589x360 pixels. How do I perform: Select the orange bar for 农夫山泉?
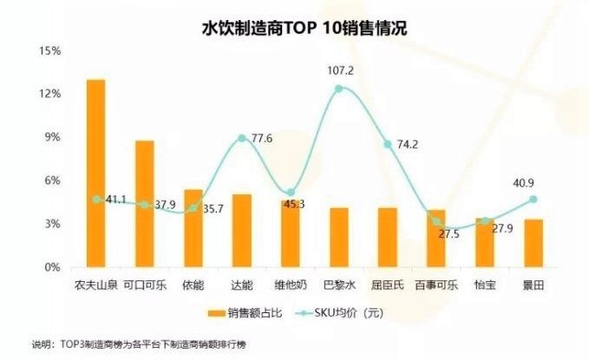95,173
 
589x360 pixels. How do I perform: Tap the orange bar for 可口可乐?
144,204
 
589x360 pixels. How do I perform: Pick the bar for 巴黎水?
338,238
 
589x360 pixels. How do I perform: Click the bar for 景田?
533,244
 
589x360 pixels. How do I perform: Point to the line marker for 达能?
241,138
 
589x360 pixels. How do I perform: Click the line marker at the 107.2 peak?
338,88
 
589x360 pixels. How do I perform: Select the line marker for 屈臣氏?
388,144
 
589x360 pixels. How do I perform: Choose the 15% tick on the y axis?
48,51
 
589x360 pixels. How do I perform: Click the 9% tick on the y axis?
50,138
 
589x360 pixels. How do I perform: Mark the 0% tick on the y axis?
50,268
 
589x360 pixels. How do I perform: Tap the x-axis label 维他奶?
291,284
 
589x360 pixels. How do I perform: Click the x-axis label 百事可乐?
436,284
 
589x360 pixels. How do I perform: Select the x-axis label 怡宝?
485,284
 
